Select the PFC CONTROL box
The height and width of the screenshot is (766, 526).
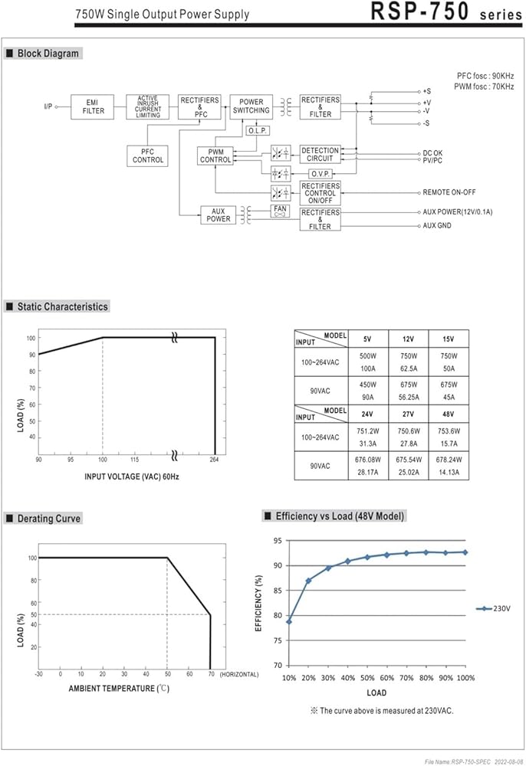point(148,155)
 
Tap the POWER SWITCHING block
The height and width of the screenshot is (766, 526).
point(251,106)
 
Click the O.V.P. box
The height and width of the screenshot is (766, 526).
point(321,173)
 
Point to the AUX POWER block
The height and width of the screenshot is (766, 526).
point(219,214)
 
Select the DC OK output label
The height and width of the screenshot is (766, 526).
point(432,153)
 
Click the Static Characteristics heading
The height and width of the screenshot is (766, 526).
point(63,306)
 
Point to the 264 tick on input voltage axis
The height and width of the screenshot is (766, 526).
point(215,460)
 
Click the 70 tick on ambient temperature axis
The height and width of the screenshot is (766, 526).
point(210,674)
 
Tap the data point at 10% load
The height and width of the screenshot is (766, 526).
point(289,620)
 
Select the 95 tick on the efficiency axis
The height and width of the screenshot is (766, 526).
point(278,541)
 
